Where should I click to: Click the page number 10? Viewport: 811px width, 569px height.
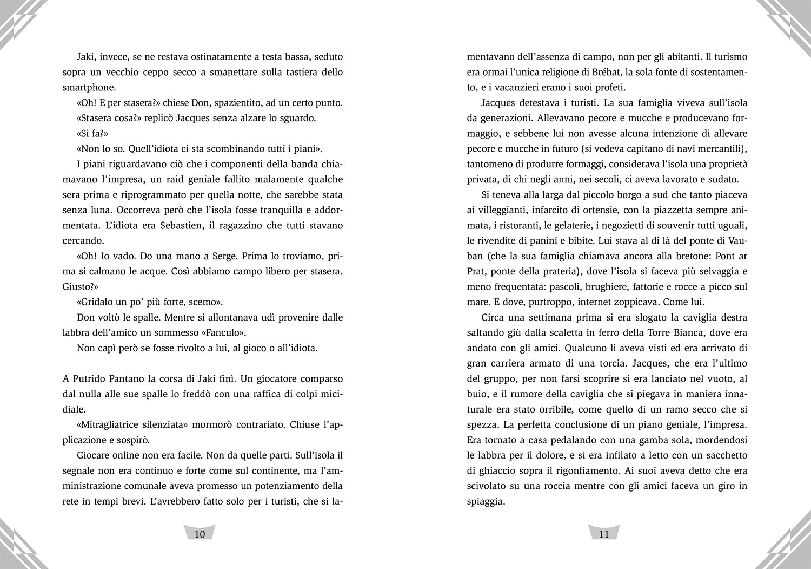(x=200, y=534)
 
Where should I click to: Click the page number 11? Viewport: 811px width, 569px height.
(x=604, y=534)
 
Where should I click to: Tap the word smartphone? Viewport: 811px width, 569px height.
(x=89, y=87)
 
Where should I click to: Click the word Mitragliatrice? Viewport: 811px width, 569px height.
(x=108, y=424)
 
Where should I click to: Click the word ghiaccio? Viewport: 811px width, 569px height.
(x=488, y=470)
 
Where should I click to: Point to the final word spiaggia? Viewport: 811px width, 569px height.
(x=485, y=501)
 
